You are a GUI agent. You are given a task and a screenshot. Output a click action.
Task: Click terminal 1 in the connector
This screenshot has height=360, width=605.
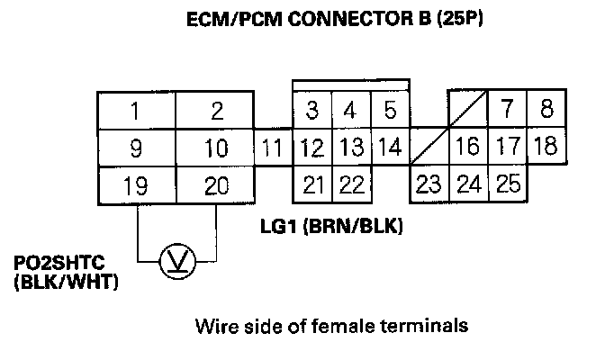pyautogui.click(x=134, y=112)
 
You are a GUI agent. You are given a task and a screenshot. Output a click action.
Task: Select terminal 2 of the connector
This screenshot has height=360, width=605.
pyautogui.click(x=215, y=112)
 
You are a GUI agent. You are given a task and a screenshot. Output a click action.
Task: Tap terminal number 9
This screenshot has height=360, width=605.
pyautogui.click(x=134, y=148)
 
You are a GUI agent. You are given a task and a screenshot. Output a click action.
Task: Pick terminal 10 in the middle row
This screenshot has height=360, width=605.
pyautogui.click(x=215, y=148)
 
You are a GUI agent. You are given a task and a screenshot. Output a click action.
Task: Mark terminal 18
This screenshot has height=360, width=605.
pyautogui.click(x=545, y=146)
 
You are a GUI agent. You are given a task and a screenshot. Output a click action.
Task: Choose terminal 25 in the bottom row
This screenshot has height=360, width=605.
pyautogui.click(x=508, y=184)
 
